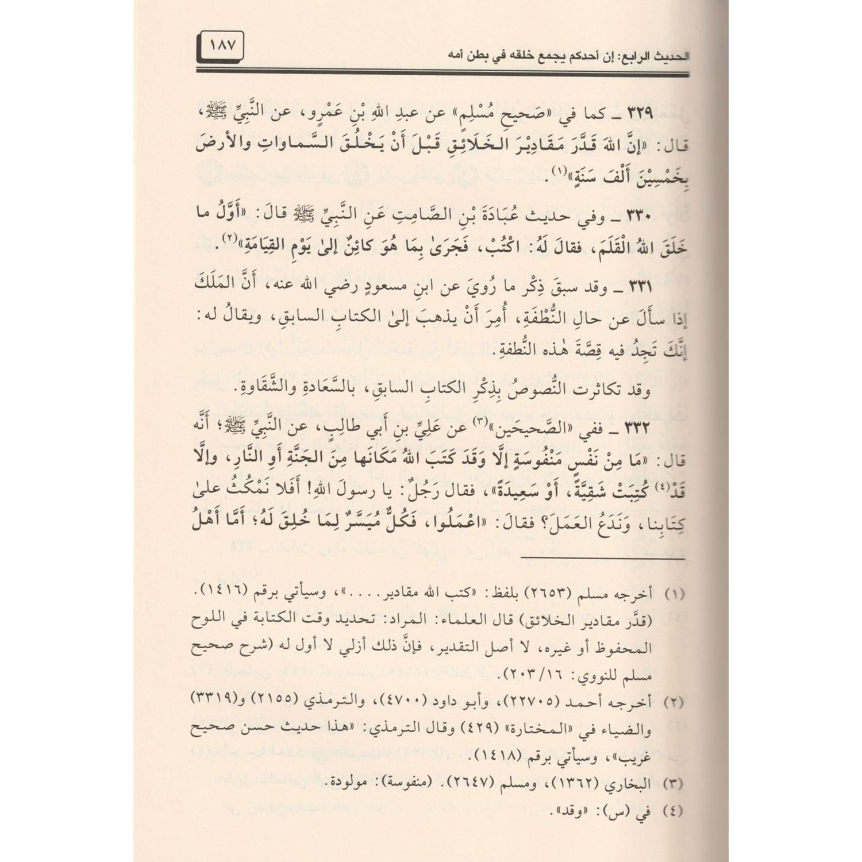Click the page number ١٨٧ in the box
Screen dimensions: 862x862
(x=223, y=45)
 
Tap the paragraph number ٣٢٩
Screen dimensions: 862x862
(x=668, y=114)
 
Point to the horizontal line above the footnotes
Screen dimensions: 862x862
(x=402, y=559)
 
